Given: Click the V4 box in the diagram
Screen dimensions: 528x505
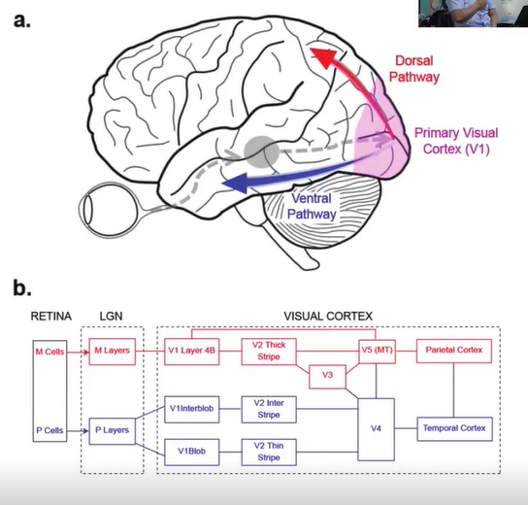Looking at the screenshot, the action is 376,429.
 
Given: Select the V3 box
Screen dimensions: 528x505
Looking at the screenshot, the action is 327,376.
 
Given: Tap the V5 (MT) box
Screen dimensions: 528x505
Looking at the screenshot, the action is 378,351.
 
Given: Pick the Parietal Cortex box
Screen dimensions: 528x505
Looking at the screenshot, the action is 454,351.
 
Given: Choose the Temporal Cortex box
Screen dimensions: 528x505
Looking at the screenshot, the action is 454,429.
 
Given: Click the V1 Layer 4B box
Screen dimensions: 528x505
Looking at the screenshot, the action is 191,352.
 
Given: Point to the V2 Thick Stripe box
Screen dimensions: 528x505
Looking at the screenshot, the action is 269,352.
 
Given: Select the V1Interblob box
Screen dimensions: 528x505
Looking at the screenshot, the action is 191,409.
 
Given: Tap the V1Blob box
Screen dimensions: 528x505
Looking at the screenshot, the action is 191,453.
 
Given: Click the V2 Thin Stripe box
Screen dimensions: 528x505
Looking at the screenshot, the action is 269,453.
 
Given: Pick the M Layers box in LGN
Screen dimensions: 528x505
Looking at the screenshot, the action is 113,352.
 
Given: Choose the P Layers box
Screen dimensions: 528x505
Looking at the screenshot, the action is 113,431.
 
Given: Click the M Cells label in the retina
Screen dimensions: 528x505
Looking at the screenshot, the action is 49,352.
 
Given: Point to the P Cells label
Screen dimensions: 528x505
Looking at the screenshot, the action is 49,430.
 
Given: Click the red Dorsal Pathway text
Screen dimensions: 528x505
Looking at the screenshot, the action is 414,69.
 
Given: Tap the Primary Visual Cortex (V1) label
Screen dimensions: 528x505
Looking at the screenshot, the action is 456,141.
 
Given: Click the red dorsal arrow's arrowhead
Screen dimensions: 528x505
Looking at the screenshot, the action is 324,57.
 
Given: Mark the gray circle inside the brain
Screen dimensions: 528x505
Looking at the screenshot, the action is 261,152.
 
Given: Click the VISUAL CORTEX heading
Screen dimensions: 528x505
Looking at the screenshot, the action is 328,316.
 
